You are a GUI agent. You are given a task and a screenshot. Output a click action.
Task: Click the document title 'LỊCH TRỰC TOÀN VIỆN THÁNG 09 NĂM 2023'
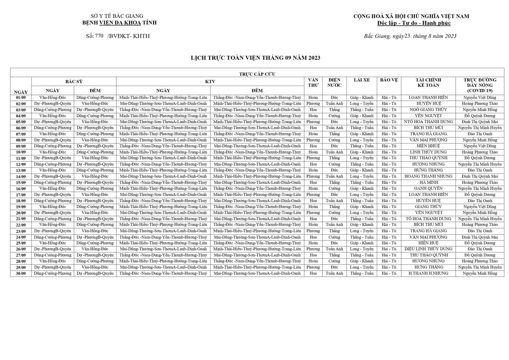pyautogui.click(x=255, y=58)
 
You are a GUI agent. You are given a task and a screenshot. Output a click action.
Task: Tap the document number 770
pyautogui.click(x=99, y=36)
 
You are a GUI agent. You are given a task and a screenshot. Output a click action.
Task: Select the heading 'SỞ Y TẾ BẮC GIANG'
pyautogui.click(x=117, y=16)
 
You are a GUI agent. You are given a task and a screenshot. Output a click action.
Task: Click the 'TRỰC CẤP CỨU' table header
pyautogui.click(x=257, y=74)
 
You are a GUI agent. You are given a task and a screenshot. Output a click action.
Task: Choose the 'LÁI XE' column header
pyautogui.click(x=362, y=80)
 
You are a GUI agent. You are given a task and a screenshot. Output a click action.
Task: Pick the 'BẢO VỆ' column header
pyautogui.click(x=389, y=80)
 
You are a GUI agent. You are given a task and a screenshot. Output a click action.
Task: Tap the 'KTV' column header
pyautogui.click(x=210, y=81)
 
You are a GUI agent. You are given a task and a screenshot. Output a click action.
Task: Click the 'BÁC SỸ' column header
pyautogui.click(x=74, y=81)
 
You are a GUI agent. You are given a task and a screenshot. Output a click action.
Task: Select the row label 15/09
pyautogui.click(x=21, y=183)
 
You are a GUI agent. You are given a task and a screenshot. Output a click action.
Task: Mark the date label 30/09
pyautogui.click(x=21, y=273)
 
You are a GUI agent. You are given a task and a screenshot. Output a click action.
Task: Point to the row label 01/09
pyautogui.click(x=21, y=98)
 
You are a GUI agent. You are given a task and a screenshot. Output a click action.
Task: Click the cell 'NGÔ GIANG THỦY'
pyautogui.click(x=428, y=110)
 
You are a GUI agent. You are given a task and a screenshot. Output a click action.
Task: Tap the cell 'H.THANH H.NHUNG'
pyautogui.click(x=428, y=273)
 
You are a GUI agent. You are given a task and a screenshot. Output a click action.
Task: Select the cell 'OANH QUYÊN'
pyautogui.click(x=428, y=189)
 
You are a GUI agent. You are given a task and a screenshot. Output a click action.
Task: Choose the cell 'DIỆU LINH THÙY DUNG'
pyautogui.click(x=428, y=249)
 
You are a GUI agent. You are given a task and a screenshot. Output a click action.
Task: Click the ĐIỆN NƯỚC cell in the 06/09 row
pyautogui.click(x=334, y=128)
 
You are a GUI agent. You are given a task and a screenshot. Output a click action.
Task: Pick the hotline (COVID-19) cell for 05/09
pyautogui.click(x=480, y=122)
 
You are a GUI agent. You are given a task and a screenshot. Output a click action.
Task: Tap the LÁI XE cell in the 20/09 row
pyautogui.click(x=362, y=213)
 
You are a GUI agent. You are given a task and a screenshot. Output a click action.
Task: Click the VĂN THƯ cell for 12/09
pyautogui.click(x=313, y=164)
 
